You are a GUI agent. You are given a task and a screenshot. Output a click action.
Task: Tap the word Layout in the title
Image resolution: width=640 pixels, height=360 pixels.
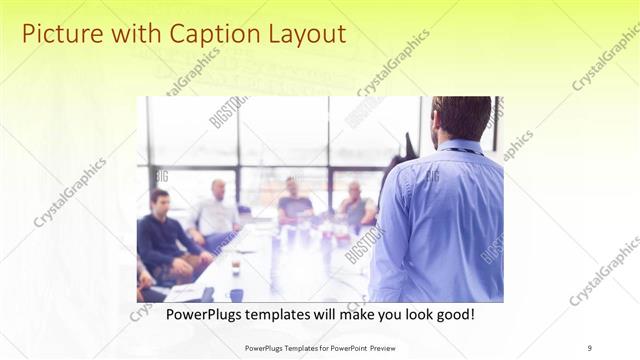coord(304,34)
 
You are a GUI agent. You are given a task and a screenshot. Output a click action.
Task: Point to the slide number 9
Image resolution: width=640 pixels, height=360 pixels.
coord(590,347)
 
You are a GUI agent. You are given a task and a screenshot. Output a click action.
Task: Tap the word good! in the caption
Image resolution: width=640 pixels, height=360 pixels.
coord(454,314)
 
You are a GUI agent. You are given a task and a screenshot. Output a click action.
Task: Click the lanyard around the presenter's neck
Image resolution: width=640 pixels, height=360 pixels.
coord(462,151)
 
